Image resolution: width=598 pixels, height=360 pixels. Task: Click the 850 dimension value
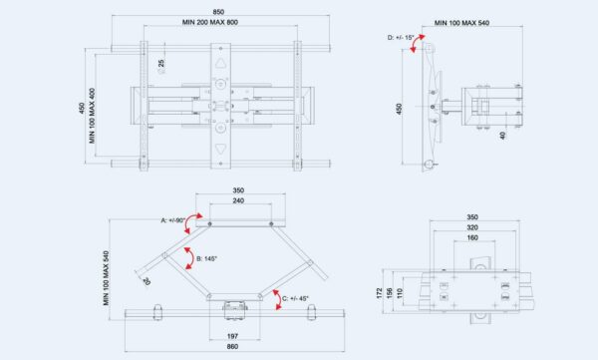coord(218,12)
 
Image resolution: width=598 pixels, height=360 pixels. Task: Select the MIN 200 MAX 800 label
coord(210,22)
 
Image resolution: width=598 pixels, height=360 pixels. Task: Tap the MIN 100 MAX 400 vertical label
coord(92,116)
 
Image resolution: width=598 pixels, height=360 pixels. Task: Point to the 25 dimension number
coord(161,63)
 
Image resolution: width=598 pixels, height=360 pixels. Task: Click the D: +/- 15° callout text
coord(401,38)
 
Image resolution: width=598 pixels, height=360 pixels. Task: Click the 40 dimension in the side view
coord(502,136)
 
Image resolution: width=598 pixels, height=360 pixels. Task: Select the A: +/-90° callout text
coord(173,220)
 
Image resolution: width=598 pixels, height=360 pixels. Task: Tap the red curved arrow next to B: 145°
coord(188,258)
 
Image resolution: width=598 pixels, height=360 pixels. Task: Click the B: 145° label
coord(206,259)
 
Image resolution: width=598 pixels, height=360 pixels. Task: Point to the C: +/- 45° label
coord(295,298)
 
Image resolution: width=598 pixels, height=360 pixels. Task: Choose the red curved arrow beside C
coord(277,300)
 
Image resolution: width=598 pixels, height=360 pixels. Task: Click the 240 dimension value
coord(239,200)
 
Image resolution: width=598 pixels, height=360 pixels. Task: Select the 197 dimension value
coord(232,336)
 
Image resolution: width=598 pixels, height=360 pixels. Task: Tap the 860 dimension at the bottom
coord(232,347)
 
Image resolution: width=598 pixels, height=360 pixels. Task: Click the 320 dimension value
coord(472,227)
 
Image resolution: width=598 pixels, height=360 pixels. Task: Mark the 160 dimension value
coord(472,237)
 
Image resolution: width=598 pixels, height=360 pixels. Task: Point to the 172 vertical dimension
coord(379,293)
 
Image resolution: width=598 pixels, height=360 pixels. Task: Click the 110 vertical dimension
coord(400,293)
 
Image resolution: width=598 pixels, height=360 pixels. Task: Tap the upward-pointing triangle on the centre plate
coord(220,63)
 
